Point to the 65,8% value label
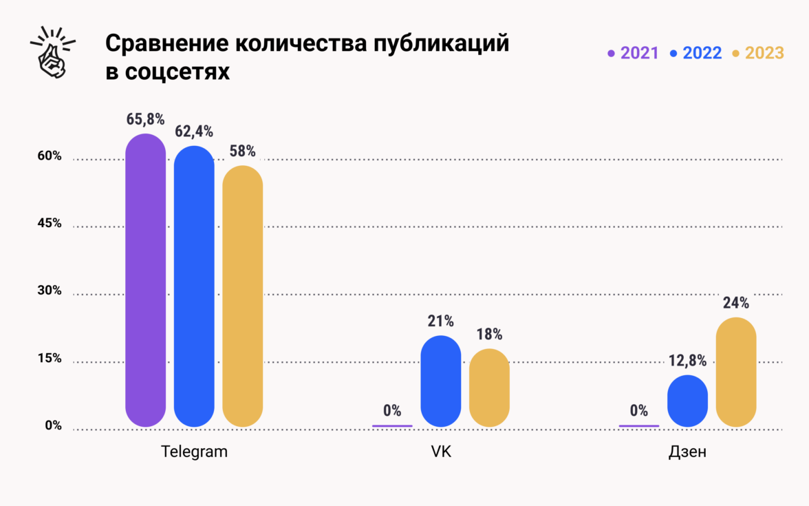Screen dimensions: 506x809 click(145, 119)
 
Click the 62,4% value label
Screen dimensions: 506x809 click(194, 131)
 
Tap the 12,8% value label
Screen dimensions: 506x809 click(687, 360)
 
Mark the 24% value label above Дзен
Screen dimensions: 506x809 click(736, 303)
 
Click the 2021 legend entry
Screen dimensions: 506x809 click(634, 53)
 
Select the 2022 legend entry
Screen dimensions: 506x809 click(696, 53)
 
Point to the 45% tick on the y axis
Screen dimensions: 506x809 click(49, 223)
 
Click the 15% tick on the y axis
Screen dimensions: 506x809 click(49, 358)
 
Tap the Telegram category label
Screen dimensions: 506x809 click(194, 452)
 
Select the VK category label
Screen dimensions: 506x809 click(440, 452)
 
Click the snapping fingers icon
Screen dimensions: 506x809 click(52, 52)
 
